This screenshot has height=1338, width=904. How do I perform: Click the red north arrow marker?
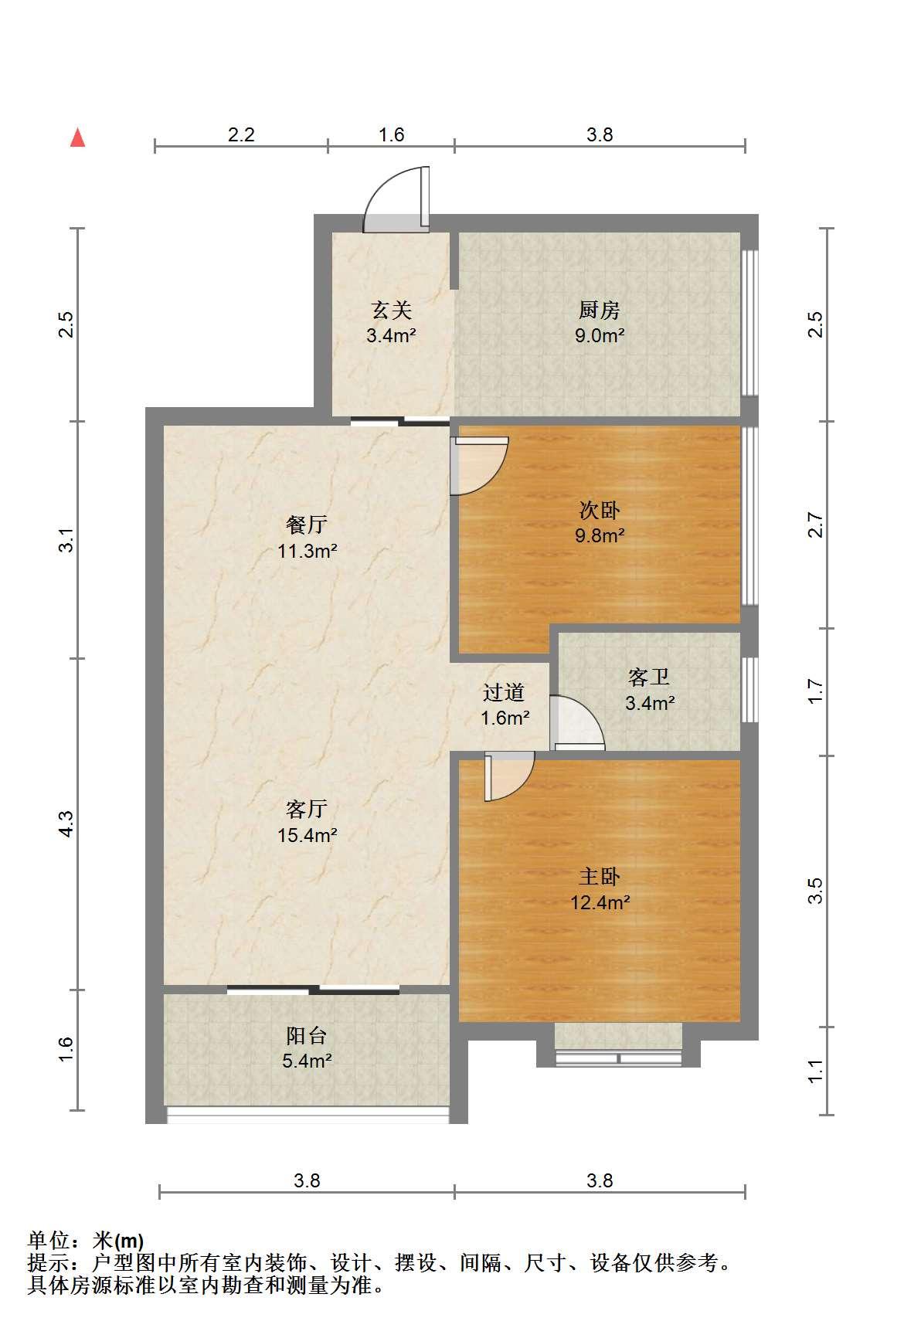(77, 138)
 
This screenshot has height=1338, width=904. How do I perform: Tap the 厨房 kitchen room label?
(600, 311)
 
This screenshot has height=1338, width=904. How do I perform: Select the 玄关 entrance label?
(392, 311)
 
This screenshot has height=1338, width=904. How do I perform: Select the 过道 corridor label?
(504, 692)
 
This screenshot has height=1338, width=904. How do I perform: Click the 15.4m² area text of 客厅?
(308, 835)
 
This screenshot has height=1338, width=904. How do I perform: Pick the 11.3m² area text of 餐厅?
(308, 552)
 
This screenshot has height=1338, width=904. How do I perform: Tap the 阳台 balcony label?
(307, 1035)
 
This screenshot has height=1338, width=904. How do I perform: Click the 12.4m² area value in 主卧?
(600, 902)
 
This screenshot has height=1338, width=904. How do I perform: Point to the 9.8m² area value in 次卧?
(600, 535)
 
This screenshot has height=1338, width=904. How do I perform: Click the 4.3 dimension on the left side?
(66, 824)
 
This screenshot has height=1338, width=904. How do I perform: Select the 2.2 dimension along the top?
(241, 134)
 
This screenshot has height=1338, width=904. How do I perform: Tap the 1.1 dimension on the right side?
(816, 1071)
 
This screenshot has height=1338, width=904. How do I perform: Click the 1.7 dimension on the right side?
(816, 691)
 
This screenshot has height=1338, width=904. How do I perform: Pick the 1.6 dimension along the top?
(391, 134)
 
